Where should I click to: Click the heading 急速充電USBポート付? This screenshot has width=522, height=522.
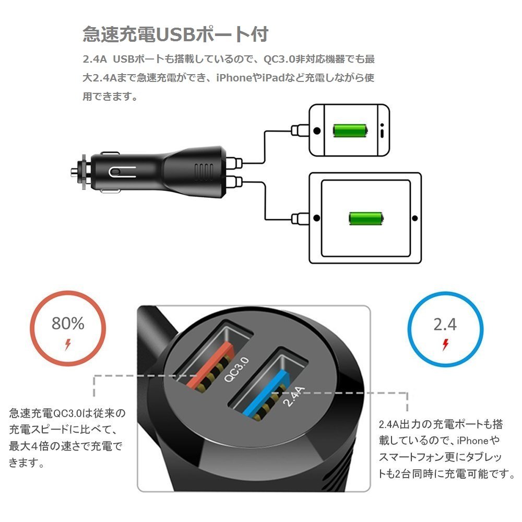coord(175,34)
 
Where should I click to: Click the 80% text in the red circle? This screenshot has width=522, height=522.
coord(68,323)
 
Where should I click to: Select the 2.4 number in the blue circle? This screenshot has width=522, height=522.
coord(445,324)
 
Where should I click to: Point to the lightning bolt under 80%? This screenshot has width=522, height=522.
coord(68,345)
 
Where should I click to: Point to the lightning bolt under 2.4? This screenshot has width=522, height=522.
coord(445,345)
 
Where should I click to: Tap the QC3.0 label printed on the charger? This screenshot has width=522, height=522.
coord(236,369)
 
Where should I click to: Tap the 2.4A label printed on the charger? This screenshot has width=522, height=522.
coord(293,396)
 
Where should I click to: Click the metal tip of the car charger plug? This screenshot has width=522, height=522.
coord(74,172)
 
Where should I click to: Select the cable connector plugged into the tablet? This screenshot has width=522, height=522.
coord(300,219)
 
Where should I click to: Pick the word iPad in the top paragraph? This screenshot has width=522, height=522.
coord(274,78)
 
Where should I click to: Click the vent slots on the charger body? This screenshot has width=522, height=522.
coord(204,172)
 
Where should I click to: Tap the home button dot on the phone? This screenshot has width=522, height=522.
coord(317,130)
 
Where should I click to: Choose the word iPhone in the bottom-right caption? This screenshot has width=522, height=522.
coord(473,441)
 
